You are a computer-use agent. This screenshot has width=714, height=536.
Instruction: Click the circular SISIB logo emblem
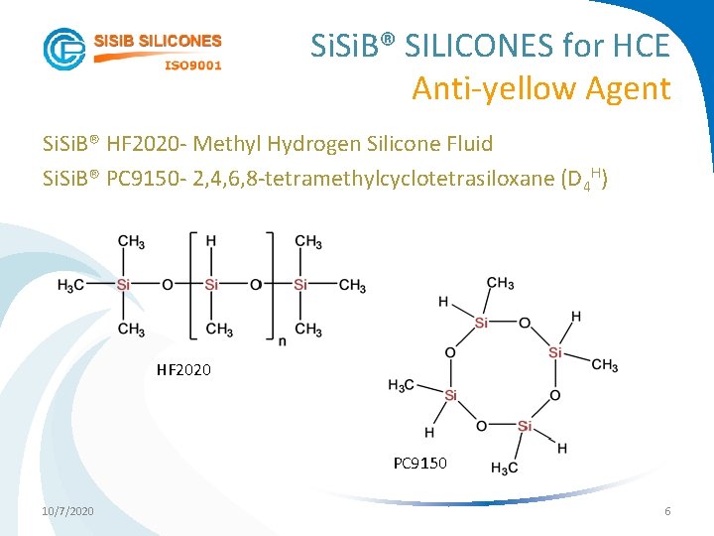point(64,49)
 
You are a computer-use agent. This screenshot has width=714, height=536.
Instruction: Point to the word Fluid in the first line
point(467,144)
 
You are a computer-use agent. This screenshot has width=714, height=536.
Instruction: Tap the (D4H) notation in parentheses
point(584,180)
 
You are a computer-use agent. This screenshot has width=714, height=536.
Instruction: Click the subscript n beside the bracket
point(283,340)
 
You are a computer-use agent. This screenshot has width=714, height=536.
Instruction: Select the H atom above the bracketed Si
point(211,241)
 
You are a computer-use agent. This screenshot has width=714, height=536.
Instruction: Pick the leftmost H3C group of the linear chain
point(71,286)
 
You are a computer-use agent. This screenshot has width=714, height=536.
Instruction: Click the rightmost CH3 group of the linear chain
point(352,286)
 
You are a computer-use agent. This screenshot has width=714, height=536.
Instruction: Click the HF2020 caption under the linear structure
point(183,371)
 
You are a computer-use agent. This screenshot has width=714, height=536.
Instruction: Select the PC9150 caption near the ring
point(419,463)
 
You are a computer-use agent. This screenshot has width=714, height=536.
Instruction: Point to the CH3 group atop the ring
point(500,285)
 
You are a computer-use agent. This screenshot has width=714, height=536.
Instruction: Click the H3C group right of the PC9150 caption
point(505,469)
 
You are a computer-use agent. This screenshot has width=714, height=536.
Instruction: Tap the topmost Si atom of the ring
point(481,323)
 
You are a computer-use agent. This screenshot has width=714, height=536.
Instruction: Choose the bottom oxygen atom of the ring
point(481,427)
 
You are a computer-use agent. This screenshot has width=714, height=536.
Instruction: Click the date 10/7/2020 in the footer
point(68,510)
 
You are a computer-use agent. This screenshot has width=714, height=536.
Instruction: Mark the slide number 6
point(667,510)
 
